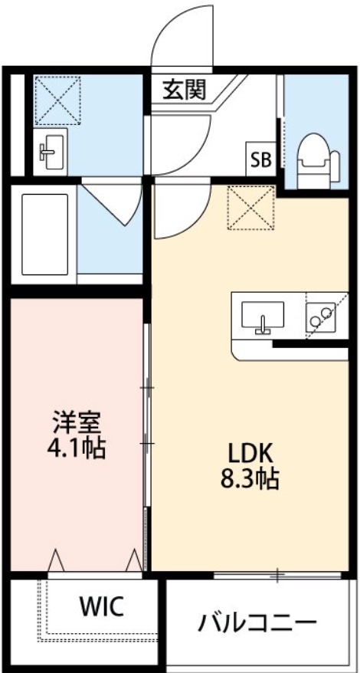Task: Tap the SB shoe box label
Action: (x=260, y=159)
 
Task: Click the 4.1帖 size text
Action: (x=75, y=448)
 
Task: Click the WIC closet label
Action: (x=101, y=607)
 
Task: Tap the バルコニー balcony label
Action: (x=257, y=621)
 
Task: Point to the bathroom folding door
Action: (x=111, y=201)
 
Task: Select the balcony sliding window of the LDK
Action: (x=280, y=573)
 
